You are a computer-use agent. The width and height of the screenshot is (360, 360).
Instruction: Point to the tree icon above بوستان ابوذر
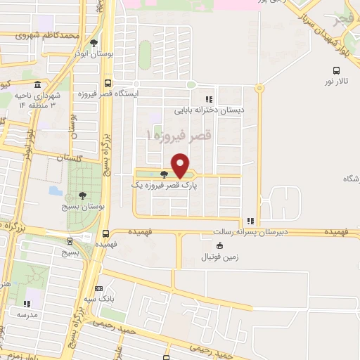(x=84, y=42)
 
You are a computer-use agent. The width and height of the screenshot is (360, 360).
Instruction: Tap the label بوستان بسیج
(x=85, y=208)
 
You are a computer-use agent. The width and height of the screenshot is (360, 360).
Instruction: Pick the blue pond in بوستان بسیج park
(x=54, y=191)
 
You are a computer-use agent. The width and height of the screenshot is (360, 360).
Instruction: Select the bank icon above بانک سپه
(x=99, y=288)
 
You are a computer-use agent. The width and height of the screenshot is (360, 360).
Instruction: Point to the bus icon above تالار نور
(x=337, y=70)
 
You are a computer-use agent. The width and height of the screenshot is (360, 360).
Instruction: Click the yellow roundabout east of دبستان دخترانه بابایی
(x=259, y=89)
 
